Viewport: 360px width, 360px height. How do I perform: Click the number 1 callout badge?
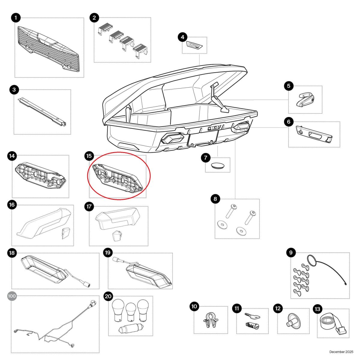[x=16, y=18]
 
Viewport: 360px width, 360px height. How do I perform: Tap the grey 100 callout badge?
[x=12, y=296]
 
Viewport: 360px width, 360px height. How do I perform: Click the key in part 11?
[x=252, y=316]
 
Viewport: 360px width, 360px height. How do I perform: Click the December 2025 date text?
[x=341, y=352]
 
